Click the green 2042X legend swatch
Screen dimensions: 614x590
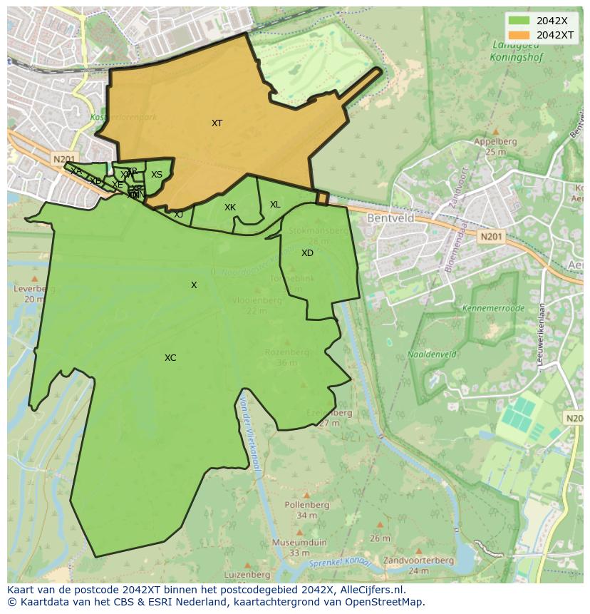tap(519, 21)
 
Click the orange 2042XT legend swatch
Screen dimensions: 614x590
tap(519, 35)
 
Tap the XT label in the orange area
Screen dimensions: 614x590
tap(217, 123)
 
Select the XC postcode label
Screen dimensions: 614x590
tap(170, 358)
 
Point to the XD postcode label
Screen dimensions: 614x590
tap(307, 253)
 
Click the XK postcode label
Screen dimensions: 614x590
tap(230, 208)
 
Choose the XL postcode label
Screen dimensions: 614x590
tap(275, 205)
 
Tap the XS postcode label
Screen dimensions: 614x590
tap(157, 175)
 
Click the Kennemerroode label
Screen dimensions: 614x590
tap(494, 309)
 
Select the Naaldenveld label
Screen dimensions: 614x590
tap(433, 354)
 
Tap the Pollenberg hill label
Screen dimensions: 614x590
tap(307, 505)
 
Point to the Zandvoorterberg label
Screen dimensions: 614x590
tap(419, 561)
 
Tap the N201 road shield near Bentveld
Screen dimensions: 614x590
tap(490, 236)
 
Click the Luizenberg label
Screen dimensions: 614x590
tap(247, 574)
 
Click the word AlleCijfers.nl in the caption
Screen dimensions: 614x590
tap(373, 590)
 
